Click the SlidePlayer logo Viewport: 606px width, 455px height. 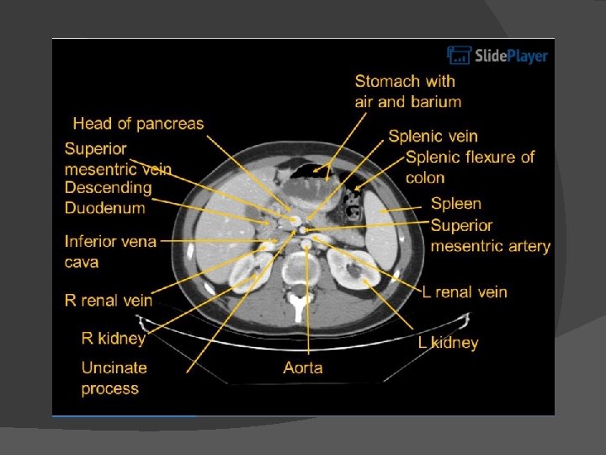click(497, 56)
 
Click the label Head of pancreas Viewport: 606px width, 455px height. click(138, 124)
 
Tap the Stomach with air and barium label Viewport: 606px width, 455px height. click(407, 91)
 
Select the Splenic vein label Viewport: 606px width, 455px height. click(433, 136)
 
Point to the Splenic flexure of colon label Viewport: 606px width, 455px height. click(470, 167)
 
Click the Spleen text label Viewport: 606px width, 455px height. click(455, 203)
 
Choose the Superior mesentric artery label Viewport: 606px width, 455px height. click(490, 236)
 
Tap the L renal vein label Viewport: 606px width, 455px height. click(465, 292)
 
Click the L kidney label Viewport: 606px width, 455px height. click(449, 342)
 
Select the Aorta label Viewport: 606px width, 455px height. click(303, 367)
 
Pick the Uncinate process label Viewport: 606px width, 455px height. click(114, 377)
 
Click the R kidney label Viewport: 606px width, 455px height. click(114, 338)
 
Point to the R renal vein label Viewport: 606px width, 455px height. click(109, 299)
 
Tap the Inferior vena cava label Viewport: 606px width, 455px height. click(110, 251)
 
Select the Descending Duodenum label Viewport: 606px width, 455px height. click(108, 197)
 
